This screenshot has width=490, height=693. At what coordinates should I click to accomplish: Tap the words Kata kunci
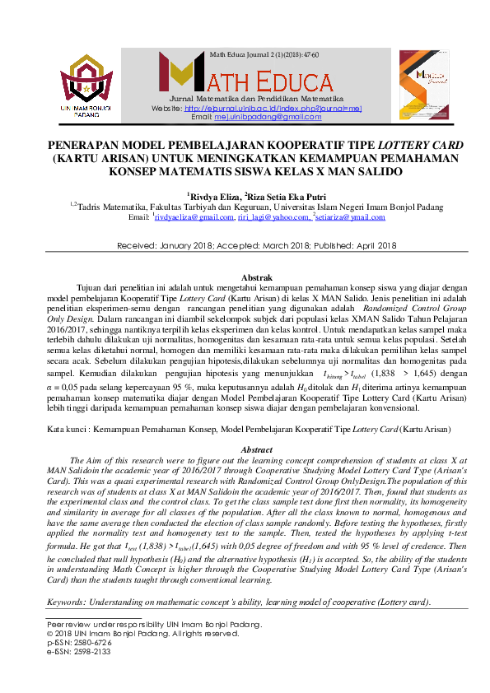point(66,430)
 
